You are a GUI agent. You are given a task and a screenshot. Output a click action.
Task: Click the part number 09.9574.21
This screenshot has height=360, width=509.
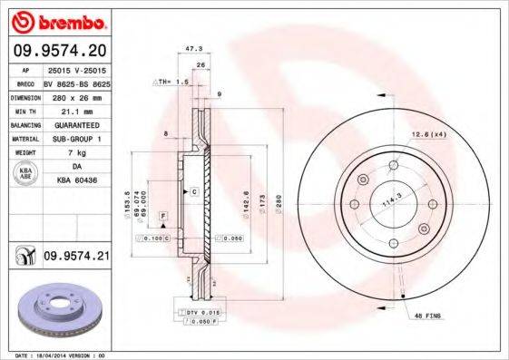pos(76,258)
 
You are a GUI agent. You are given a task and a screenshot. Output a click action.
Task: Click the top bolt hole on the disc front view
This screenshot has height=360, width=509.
pos(394,165)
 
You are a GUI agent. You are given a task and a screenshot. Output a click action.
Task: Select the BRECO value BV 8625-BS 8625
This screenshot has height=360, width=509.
pos(76,81)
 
